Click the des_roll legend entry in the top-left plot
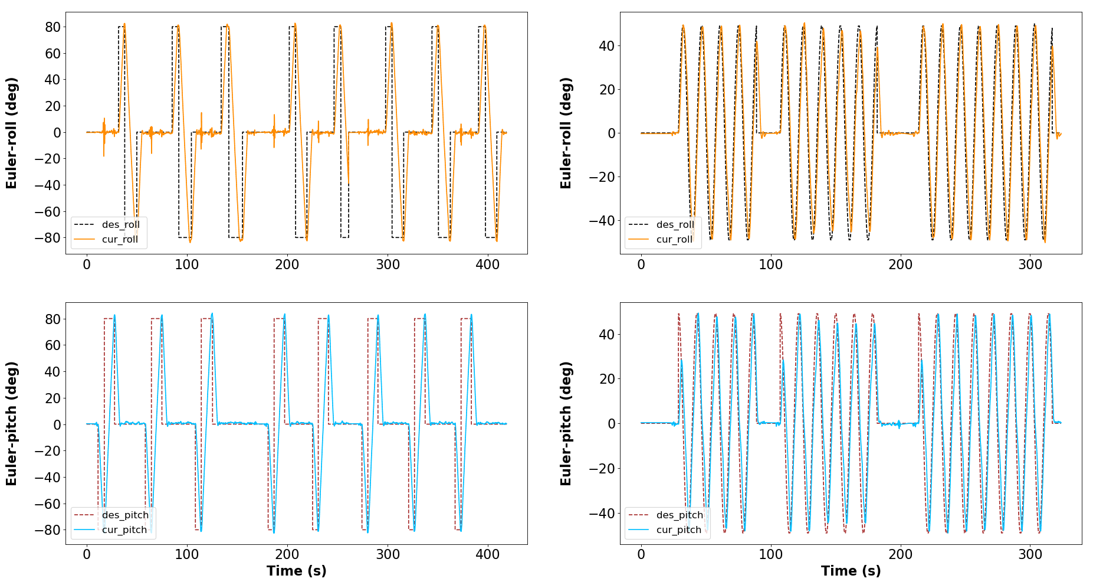(x=107, y=225)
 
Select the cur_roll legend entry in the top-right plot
(x=661, y=239)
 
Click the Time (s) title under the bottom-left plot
(x=296, y=571)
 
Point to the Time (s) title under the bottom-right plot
(x=851, y=571)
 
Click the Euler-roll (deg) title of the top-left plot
(x=12, y=133)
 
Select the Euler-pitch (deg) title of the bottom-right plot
(x=566, y=423)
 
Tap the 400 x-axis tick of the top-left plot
(x=488, y=264)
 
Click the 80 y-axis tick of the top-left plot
(x=53, y=27)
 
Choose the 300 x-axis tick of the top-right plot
(x=1030, y=264)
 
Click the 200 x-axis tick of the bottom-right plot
(x=901, y=555)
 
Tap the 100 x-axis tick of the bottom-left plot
(x=187, y=555)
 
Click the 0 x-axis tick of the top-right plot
(x=641, y=264)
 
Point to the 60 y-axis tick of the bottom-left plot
(x=53, y=345)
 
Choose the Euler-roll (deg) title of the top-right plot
(x=566, y=133)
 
